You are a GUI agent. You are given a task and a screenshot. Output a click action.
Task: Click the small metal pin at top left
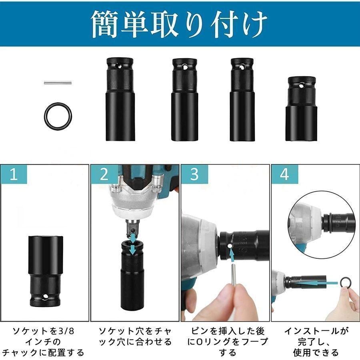coord(58,83)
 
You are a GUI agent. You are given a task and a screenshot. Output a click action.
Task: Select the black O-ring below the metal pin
coord(58,114)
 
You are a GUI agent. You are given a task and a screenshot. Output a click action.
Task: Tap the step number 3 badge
coord(194,175)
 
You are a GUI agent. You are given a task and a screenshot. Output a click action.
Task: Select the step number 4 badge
coord(284,175)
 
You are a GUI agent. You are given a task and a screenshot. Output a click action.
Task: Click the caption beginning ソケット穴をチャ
coord(135,336)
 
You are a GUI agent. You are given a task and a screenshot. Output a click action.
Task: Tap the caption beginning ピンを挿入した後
coord(225,341)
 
